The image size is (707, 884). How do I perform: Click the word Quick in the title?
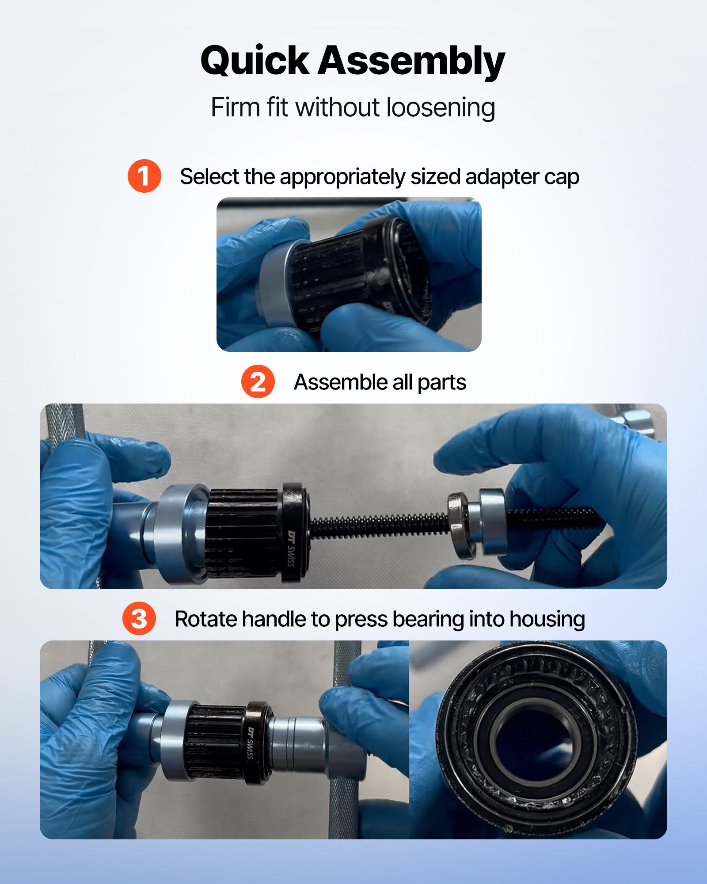coord(255,61)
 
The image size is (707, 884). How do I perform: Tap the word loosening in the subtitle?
coord(441,107)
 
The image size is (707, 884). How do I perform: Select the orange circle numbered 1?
coord(144,176)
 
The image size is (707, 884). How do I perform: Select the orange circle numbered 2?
coord(258,381)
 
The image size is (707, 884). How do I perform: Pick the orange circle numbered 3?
coord(139,618)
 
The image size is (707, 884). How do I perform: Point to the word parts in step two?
coord(441,382)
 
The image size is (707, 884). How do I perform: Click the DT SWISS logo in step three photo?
coord(251,743)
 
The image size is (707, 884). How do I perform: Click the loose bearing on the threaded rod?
coord(461,526)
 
